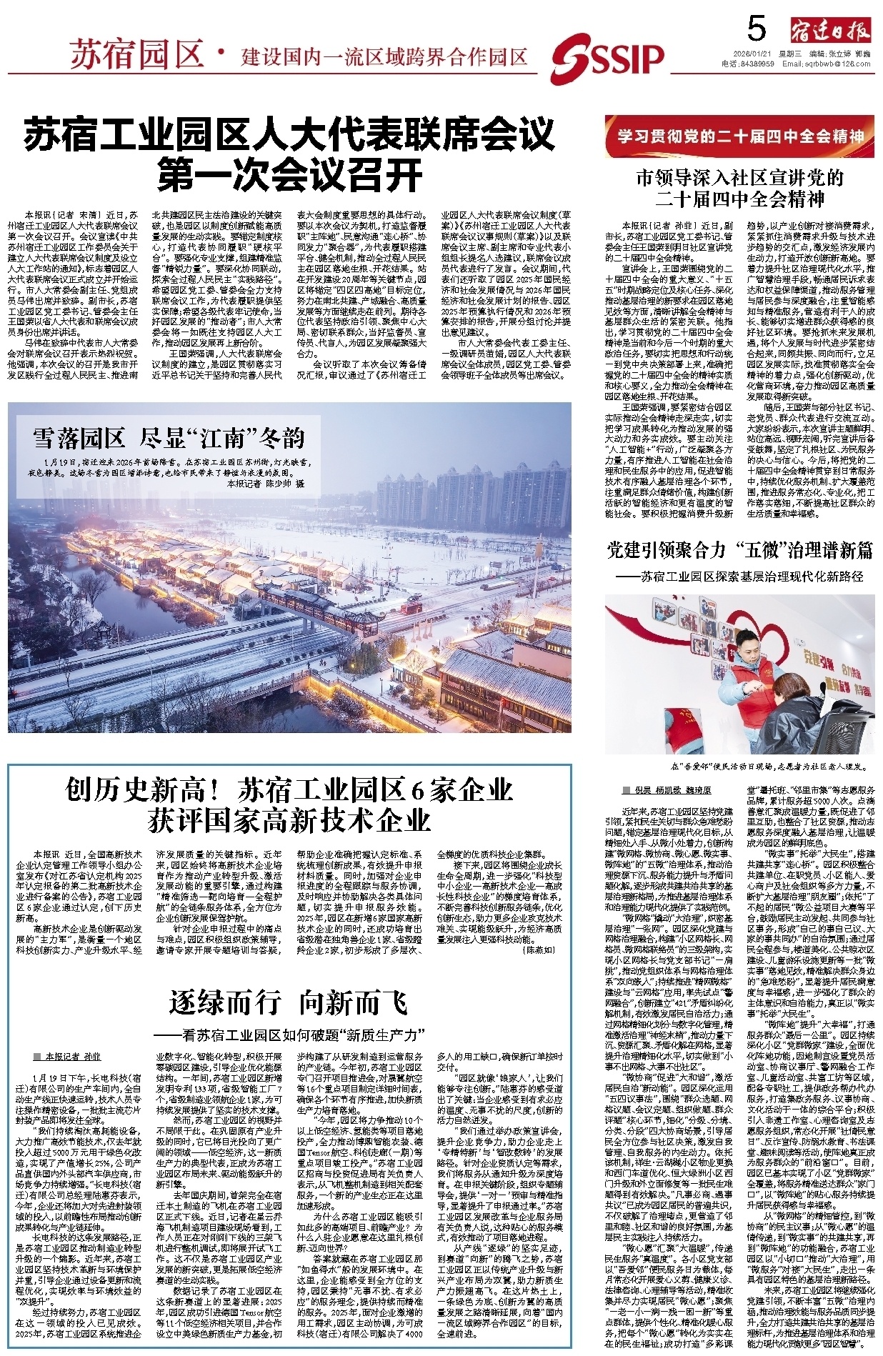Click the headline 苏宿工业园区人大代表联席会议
(x=289, y=134)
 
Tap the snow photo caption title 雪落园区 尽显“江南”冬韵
(x=169, y=437)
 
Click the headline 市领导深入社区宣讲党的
(x=740, y=178)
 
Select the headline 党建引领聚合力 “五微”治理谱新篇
(x=740, y=549)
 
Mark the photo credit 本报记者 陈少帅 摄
(x=266, y=484)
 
